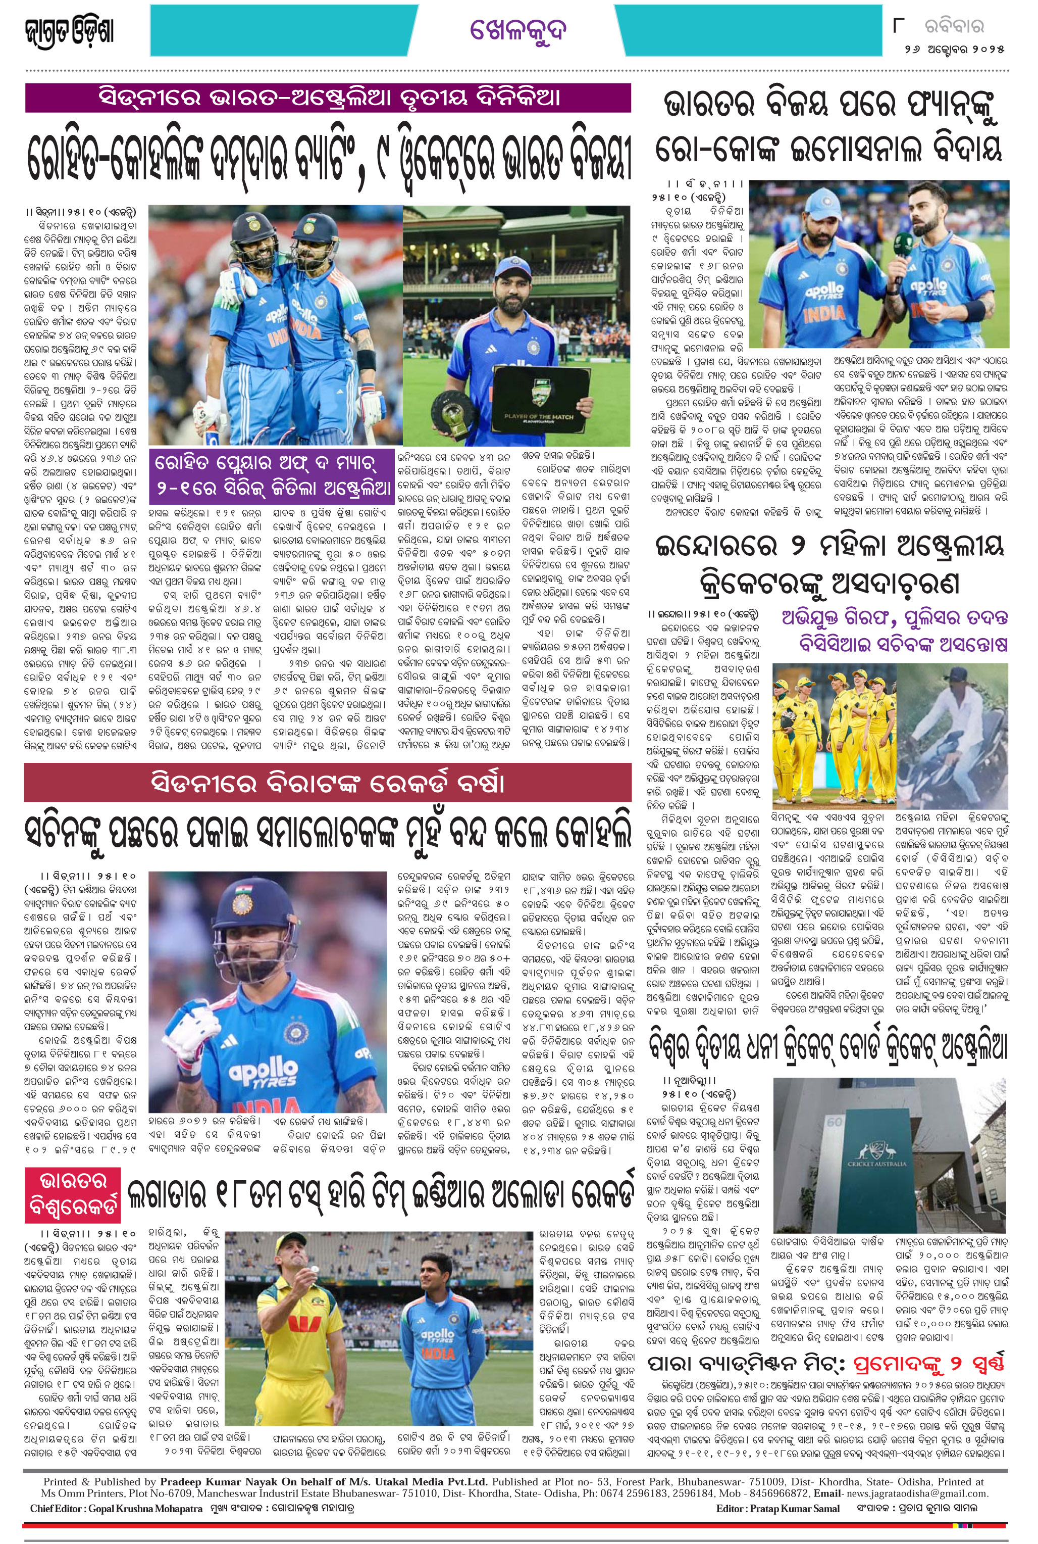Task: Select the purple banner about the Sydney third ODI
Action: (328, 98)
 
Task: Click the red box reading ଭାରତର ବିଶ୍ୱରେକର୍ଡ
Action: (73, 1195)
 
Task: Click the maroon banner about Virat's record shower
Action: (328, 783)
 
